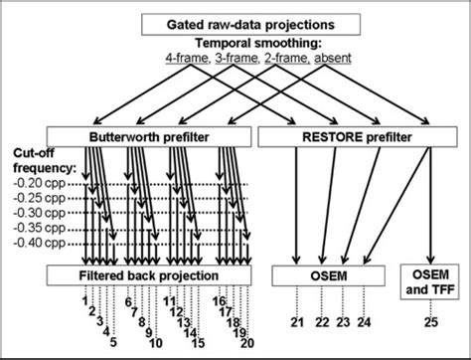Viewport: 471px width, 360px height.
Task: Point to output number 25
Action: [x=428, y=321]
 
